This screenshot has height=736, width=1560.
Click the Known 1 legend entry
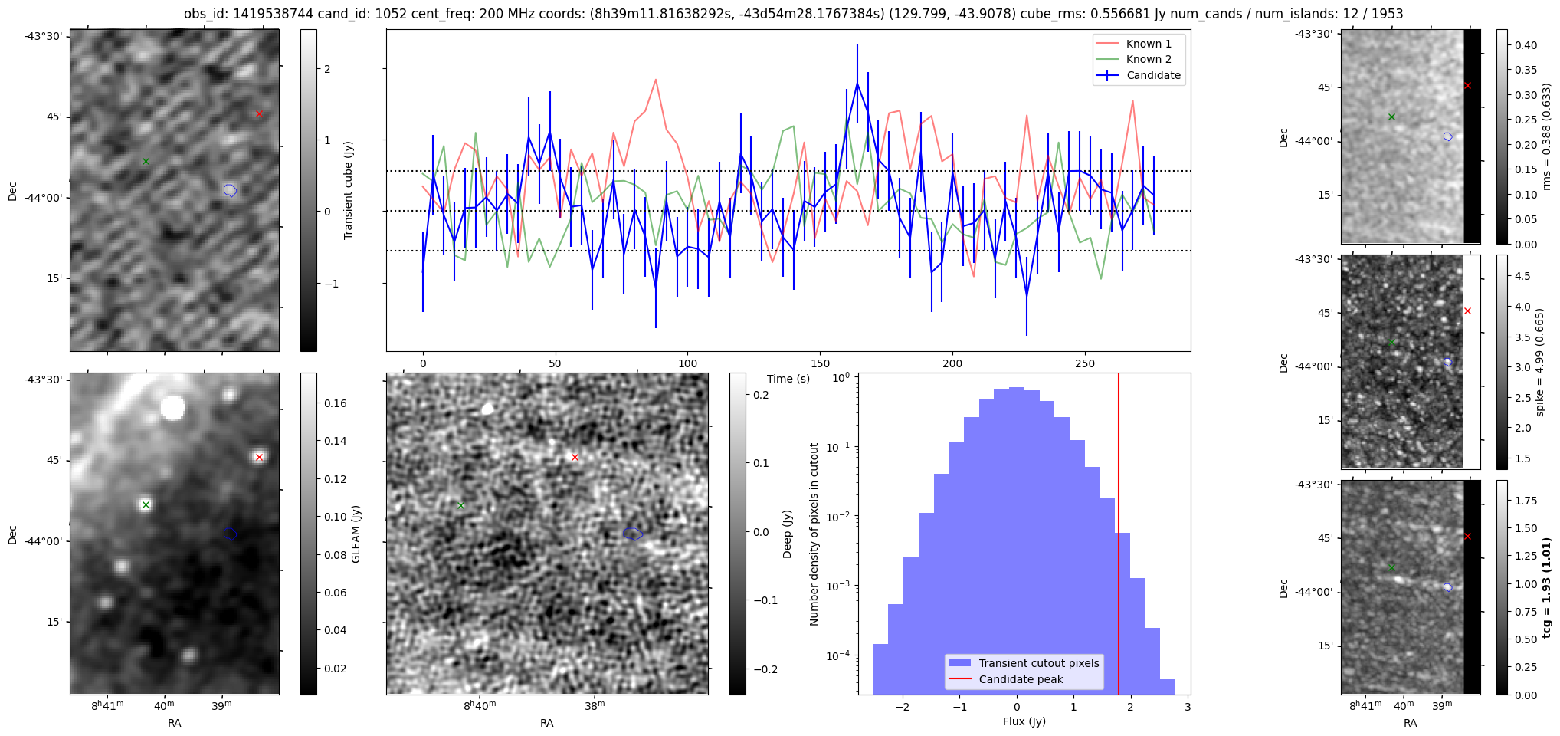click(x=1148, y=44)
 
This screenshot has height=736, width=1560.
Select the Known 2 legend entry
click(x=1148, y=59)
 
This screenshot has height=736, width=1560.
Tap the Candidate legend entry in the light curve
click(x=1153, y=75)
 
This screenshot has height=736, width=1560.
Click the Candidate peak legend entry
click(x=1021, y=679)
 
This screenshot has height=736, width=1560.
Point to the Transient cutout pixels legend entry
click(x=1038, y=663)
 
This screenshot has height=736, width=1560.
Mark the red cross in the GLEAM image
click(x=259, y=458)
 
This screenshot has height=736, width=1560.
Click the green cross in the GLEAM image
click(x=146, y=504)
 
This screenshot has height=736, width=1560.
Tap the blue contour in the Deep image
click(x=632, y=534)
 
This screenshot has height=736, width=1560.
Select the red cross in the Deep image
click(x=575, y=458)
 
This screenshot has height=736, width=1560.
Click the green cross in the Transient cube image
click(x=146, y=162)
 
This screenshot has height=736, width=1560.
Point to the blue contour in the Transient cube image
click(x=230, y=190)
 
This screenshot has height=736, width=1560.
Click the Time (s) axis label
click(x=788, y=379)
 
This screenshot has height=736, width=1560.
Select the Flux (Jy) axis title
click(x=1024, y=721)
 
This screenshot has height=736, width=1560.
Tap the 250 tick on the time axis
click(x=1085, y=363)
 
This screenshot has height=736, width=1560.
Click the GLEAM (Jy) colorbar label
click(x=356, y=534)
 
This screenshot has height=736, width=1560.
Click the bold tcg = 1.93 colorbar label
click(x=1547, y=588)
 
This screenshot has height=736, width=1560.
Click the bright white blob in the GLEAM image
click(x=173, y=408)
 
